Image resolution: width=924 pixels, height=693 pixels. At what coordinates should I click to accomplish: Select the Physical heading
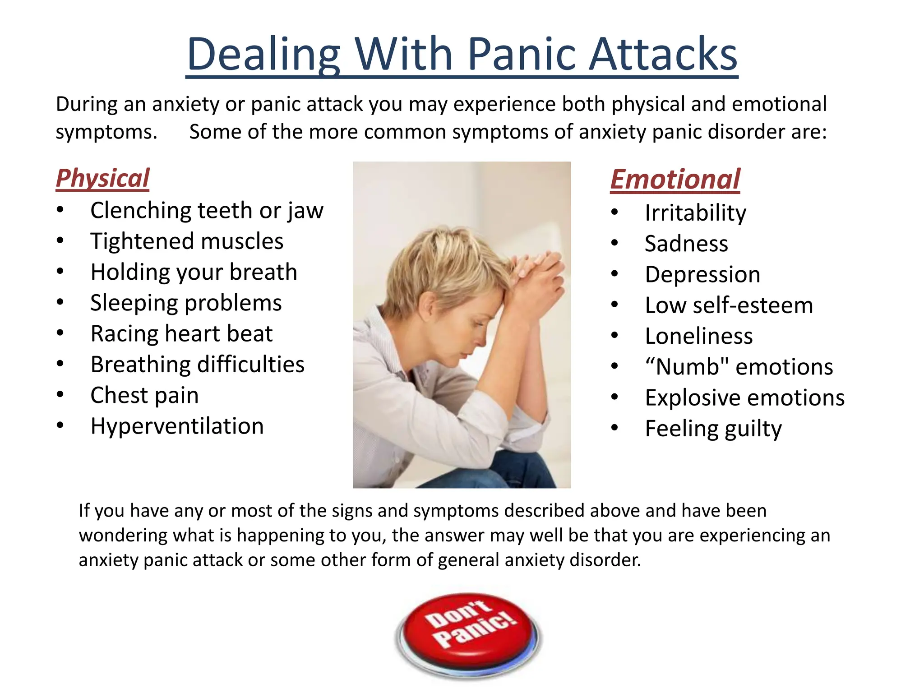point(102,178)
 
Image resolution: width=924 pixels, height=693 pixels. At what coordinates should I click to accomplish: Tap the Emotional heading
point(675,180)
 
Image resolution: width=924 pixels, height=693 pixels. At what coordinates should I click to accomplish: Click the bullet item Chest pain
point(144,395)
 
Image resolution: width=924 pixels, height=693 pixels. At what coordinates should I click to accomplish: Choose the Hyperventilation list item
point(177,426)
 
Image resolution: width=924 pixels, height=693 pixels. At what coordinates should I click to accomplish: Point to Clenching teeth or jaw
point(207,211)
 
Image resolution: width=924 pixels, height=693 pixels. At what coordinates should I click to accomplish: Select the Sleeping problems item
point(186,303)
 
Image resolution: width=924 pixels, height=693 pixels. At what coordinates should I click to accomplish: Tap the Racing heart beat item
point(181,334)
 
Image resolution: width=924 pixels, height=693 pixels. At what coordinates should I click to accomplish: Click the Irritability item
point(695,213)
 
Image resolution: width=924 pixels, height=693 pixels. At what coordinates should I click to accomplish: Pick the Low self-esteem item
point(729,305)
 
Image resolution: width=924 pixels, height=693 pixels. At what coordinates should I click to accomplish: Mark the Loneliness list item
point(699,336)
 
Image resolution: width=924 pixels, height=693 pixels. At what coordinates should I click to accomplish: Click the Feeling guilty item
point(713,429)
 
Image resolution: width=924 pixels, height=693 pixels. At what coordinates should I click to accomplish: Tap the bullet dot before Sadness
point(614,243)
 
